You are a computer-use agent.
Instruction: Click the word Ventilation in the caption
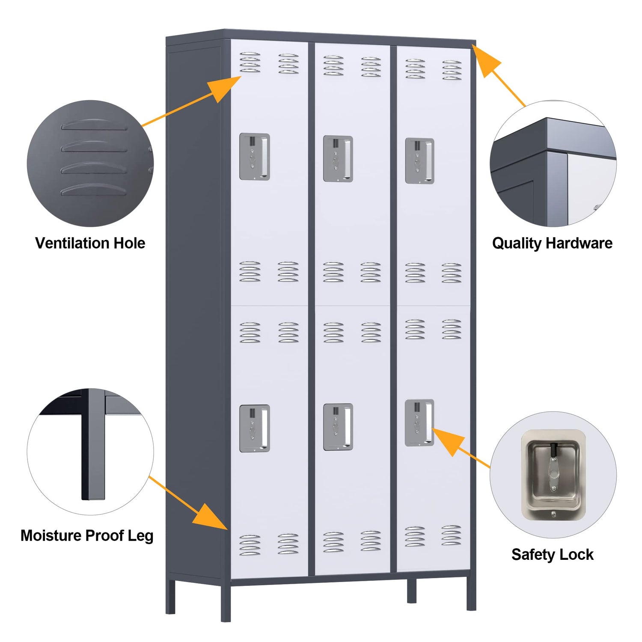point(67,243)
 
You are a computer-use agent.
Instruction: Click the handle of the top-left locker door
point(254,157)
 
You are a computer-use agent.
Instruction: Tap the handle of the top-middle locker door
point(338,159)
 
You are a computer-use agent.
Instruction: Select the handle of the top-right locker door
point(419,161)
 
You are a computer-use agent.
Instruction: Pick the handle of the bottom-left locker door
point(254,428)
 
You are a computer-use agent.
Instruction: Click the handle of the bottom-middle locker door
point(338,427)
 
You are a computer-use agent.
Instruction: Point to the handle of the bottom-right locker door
point(419,423)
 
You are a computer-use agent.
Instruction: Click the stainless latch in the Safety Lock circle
point(553,475)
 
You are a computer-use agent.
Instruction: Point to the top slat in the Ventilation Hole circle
point(94,125)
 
